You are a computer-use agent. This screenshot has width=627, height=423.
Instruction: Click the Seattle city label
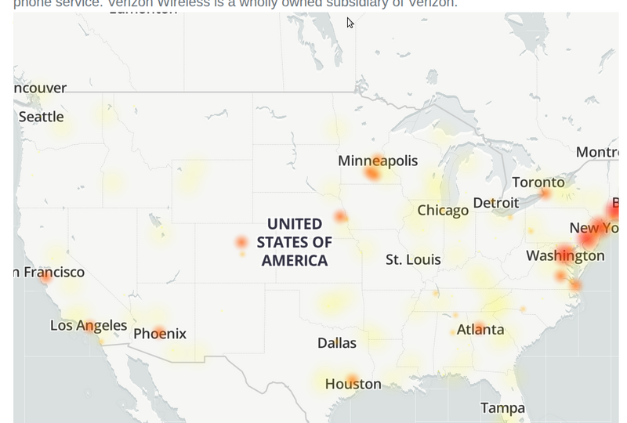click(41, 117)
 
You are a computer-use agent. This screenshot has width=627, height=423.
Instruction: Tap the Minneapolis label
click(378, 161)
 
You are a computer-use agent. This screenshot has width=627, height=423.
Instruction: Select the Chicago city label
click(443, 210)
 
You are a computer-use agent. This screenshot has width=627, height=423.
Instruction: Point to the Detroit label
click(495, 203)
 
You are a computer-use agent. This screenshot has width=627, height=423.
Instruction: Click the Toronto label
click(538, 183)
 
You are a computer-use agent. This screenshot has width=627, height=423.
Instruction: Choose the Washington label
click(565, 255)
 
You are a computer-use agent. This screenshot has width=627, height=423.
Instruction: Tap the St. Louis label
click(413, 259)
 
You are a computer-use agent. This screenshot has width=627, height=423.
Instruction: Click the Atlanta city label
click(480, 330)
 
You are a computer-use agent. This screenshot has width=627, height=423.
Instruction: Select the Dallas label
click(337, 343)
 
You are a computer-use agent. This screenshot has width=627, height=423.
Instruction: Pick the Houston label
click(353, 384)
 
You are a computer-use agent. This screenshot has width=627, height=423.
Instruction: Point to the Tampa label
click(502, 408)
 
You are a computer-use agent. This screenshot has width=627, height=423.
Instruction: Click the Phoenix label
click(160, 334)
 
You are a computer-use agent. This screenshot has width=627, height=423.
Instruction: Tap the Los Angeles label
click(89, 325)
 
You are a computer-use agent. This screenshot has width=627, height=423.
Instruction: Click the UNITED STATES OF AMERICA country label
click(294, 242)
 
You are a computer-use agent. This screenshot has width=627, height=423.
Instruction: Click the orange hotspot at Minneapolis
click(373, 172)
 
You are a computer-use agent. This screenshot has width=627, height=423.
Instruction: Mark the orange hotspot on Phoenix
click(159, 332)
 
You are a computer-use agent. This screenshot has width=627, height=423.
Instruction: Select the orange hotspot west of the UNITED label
click(241, 243)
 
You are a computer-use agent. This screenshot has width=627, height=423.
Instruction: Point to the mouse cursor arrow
click(350, 23)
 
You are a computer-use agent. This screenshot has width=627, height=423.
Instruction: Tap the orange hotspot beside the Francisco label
click(46, 276)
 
